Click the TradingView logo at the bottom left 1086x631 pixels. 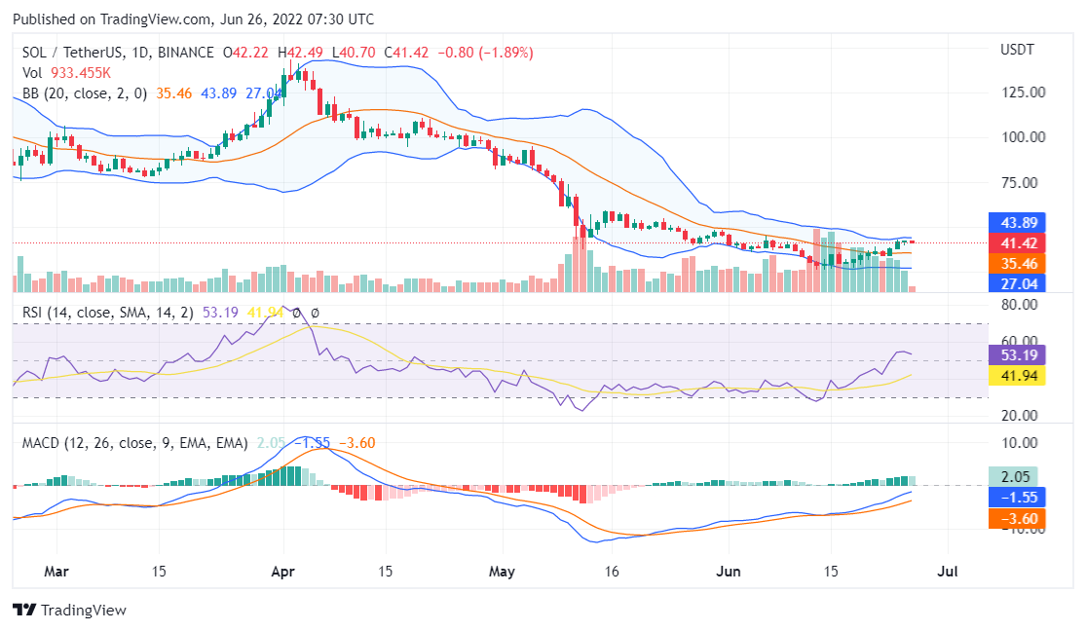click(x=70, y=611)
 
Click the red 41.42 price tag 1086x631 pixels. click(x=1016, y=242)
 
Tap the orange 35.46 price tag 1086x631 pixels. click(x=1016, y=263)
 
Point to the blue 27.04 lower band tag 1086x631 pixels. click(x=1016, y=283)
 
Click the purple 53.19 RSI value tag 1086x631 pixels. click(x=1016, y=353)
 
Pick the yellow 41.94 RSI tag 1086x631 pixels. click(x=1016, y=375)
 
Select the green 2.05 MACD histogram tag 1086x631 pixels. click(x=1016, y=476)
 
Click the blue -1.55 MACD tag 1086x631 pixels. click(x=1016, y=497)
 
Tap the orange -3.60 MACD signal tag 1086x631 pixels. click(x=1016, y=519)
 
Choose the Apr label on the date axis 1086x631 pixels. click(x=283, y=572)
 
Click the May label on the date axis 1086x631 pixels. click(x=501, y=572)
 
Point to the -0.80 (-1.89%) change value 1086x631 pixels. click(x=490, y=52)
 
